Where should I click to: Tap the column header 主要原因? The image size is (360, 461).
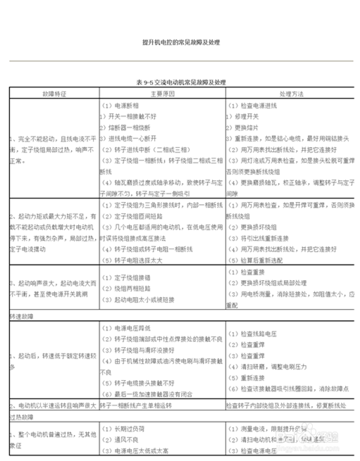point(162,93)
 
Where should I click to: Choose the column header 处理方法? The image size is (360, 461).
point(292,93)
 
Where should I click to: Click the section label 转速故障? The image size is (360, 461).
point(23,315)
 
